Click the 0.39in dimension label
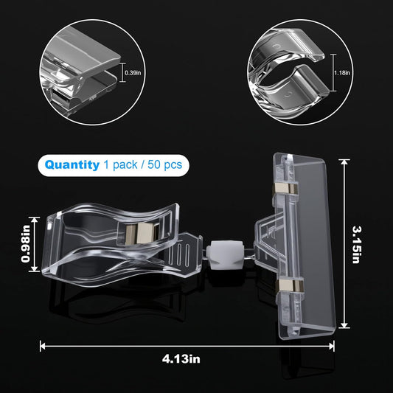point(133,73)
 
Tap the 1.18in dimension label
point(342,73)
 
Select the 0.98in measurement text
point(26,244)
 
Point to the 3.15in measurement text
point(356,245)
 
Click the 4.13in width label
point(181,359)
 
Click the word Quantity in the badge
point(72,165)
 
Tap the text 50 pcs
point(164,164)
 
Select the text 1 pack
point(121,165)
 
